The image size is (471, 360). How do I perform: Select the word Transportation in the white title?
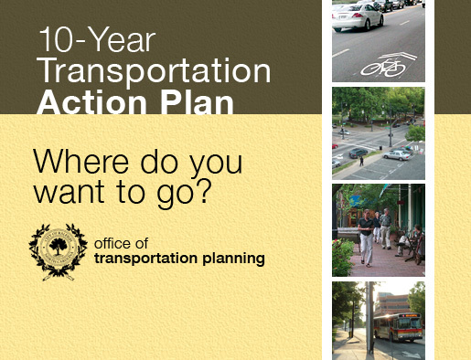tap(154, 71)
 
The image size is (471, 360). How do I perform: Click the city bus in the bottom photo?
tap(398, 326)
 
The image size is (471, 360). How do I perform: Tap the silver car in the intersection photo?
tap(396, 154)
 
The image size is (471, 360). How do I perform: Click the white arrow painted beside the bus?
tap(410, 352)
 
